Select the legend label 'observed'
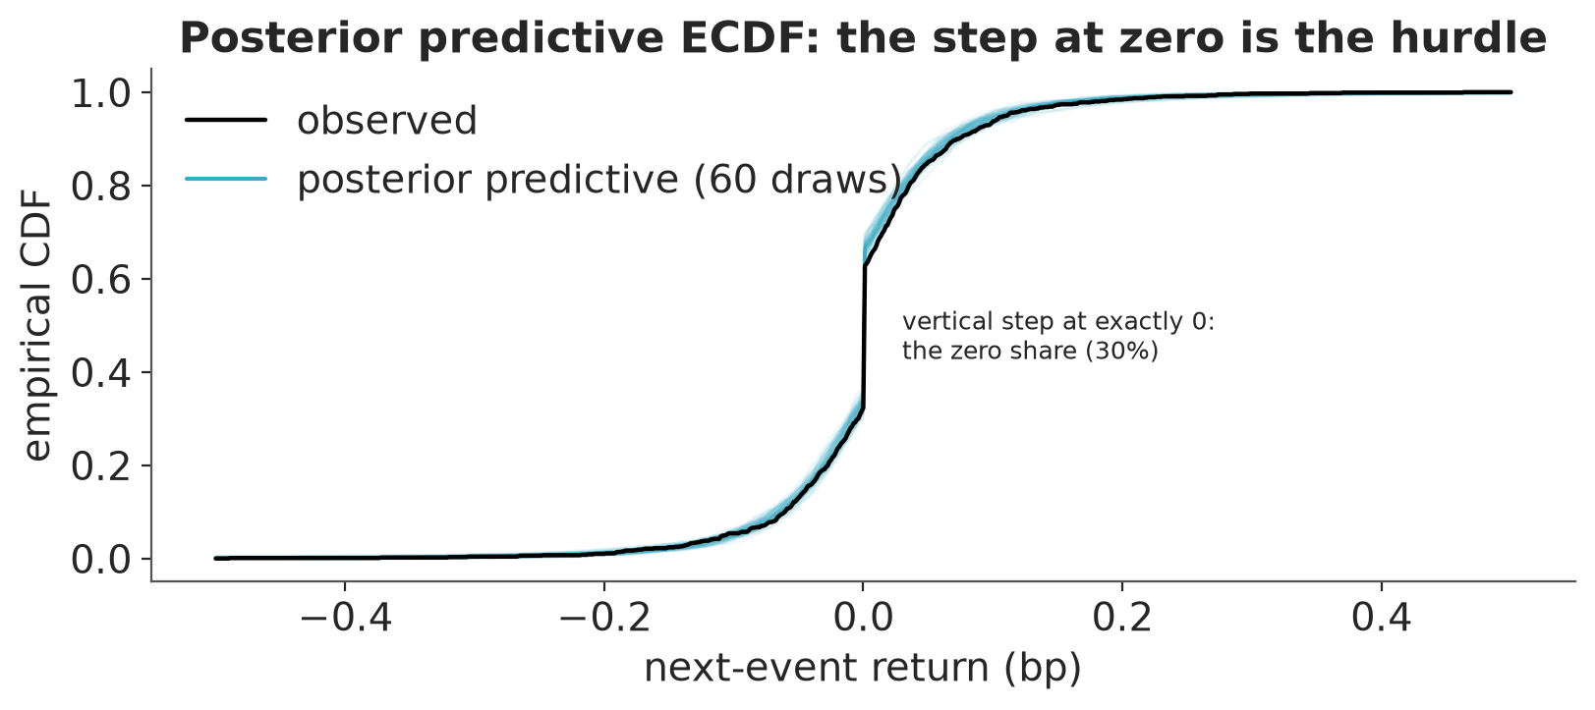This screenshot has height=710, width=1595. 386,120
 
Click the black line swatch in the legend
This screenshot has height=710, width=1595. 226,120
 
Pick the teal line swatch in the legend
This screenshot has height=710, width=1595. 226,179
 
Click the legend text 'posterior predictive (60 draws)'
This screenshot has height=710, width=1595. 599,180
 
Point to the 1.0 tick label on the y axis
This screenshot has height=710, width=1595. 101,94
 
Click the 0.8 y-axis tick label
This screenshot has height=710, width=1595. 101,188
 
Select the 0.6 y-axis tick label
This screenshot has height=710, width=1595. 101,280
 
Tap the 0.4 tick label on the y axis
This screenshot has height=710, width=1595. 101,373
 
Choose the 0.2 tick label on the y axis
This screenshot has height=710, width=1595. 101,466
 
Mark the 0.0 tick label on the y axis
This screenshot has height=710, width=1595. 101,560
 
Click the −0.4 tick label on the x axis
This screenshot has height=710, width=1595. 345,618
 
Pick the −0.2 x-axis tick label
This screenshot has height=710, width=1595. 604,618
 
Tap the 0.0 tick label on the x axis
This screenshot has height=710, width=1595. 863,618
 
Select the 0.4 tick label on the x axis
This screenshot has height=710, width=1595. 1382,618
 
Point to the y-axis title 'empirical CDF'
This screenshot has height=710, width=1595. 37,325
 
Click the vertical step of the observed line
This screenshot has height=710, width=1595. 863,337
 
